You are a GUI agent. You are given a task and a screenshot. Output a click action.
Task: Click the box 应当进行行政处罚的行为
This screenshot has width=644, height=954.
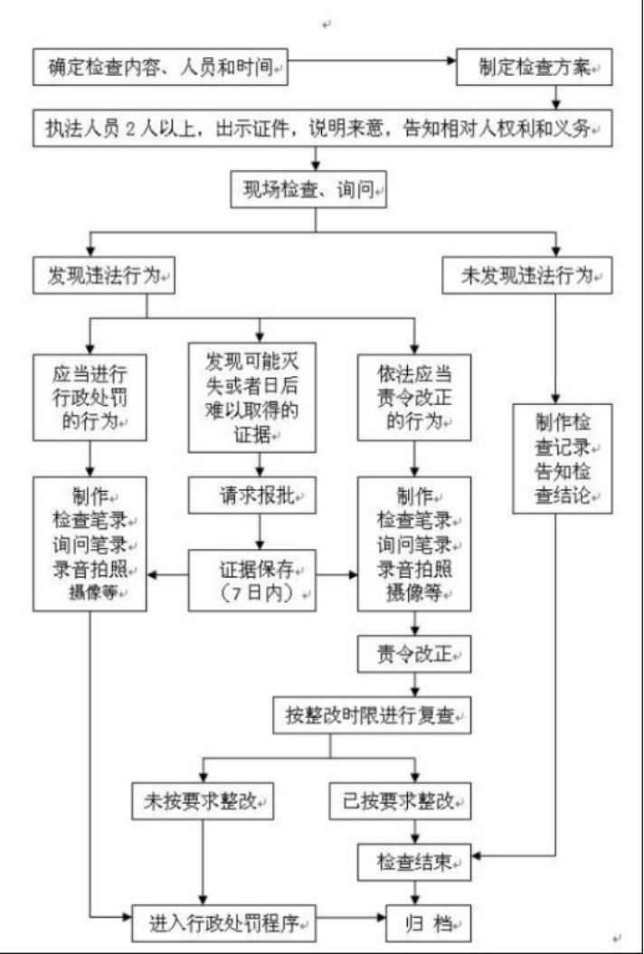tap(90, 397)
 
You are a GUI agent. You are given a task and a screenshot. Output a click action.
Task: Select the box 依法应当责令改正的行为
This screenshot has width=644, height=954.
tap(414, 397)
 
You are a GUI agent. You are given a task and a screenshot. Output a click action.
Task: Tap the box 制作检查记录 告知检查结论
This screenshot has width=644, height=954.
tap(562, 458)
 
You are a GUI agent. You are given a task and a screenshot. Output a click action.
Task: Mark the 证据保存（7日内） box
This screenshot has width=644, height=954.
tap(251, 580)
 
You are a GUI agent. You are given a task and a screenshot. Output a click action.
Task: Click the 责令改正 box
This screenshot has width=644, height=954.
tap(414, 651)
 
